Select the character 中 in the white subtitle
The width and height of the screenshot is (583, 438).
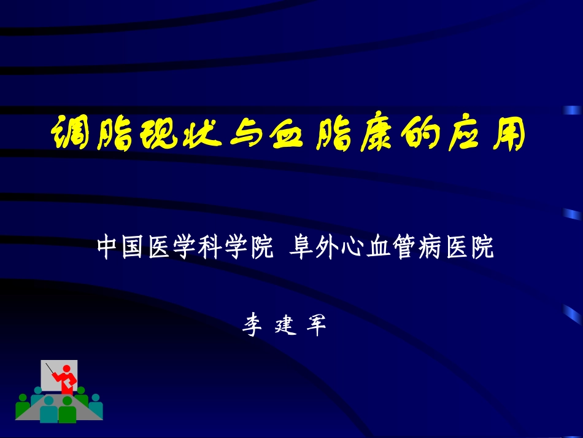(x=109, y=249)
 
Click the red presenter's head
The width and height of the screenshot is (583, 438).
(x=66, y=369)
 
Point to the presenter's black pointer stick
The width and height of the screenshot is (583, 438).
(x=50, y=369)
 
